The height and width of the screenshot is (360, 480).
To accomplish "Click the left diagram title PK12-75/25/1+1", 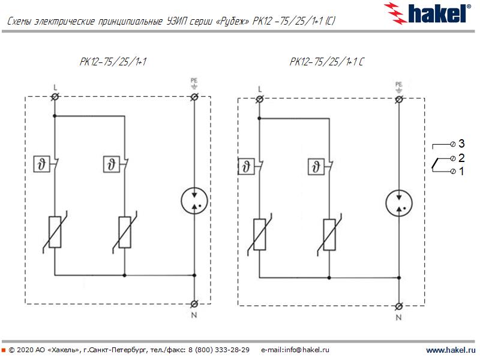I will [x=113, y=61].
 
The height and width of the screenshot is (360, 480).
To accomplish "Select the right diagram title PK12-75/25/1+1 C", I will [x=326, y=61].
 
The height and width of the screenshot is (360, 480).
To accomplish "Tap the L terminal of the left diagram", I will [x=55, y=97].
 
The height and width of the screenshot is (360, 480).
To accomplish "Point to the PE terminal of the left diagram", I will [x=194, y=97].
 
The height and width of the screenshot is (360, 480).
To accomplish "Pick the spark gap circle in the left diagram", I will [x=194, y=200].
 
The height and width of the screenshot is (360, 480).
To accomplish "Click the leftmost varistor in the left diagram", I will [x=55, y=232].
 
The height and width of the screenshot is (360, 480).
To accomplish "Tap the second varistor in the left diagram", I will [x=125, y=232].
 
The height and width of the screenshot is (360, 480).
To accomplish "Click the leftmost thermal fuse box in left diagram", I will [x=41, y=163].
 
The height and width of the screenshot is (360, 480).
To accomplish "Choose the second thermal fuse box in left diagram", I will [x=111, y=163].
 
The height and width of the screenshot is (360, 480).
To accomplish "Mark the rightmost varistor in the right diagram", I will [x=329, y=234].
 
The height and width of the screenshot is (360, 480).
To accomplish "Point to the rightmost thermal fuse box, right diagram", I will [x=314, y=166].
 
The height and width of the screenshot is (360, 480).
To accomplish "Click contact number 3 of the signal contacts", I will [x=461, y=143].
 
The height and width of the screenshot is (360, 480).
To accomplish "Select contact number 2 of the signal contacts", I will [x=461, y=158].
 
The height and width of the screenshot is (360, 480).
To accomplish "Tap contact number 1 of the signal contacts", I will [x=461, y=172].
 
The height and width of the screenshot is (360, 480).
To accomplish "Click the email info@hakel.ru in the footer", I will [x=295, y=350].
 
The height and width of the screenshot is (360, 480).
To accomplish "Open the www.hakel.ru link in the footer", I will [x=450, y=350].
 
